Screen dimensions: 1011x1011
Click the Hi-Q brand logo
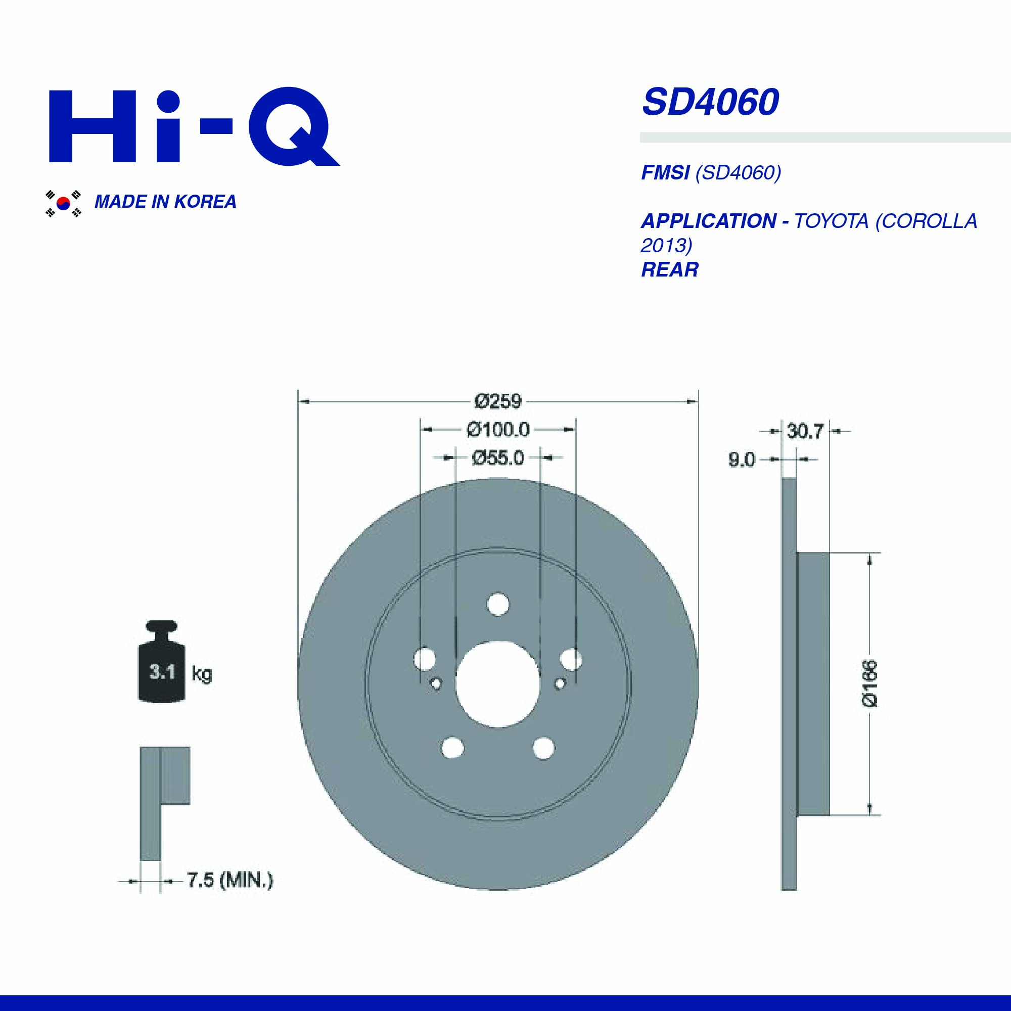pos(194,127)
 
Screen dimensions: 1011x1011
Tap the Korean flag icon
pos(63,203)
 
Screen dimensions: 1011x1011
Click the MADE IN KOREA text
pos(165,202)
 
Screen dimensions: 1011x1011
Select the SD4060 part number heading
pos(710,103)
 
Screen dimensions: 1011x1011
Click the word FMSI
pos(665,173)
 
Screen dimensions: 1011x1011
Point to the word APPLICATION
pos(709,221)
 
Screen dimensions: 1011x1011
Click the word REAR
pos(669,270)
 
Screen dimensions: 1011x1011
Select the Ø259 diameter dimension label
pos(497,401)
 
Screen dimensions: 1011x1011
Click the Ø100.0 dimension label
pos(497,430)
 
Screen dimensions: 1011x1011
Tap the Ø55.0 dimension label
pos(497,458)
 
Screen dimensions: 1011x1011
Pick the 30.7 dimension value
pos(805,432)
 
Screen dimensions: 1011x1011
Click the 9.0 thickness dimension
pos(742,460)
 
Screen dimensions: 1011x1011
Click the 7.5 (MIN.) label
pos(229,880)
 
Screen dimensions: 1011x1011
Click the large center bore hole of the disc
pos(497,683)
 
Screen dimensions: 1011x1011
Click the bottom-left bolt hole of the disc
pos(452,747)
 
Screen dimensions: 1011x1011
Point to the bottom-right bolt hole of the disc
pos(544,747)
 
